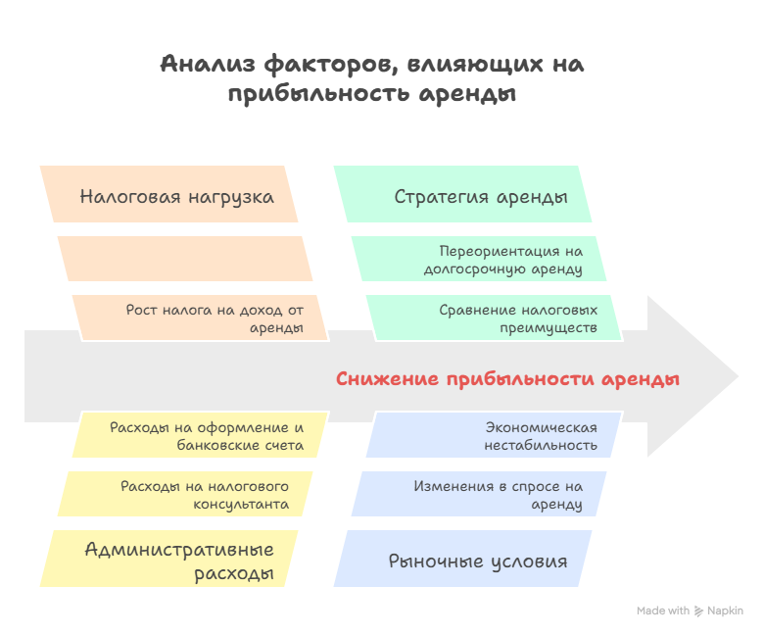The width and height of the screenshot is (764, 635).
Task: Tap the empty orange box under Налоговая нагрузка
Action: (184, 259)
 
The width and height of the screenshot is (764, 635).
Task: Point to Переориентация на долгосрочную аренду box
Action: (480, 259)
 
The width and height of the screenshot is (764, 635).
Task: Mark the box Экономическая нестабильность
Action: (495, 436)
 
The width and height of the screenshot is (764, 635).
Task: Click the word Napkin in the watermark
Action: (725, 611)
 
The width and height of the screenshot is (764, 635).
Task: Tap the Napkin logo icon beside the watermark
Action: (698, 611)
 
